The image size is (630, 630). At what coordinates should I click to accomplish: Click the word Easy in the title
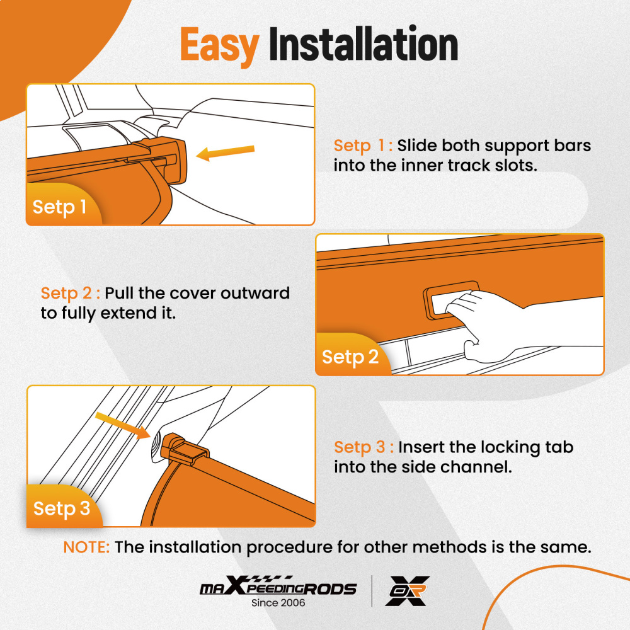(219, 45)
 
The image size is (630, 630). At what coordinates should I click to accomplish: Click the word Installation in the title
(363, 45)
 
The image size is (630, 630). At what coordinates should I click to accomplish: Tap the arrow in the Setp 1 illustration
(226, 153)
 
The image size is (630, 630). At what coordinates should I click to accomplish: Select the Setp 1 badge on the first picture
(59, 207)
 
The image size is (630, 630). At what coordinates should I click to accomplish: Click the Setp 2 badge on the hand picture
(350, 357)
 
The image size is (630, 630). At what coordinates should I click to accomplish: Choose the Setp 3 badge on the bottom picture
(61, 508)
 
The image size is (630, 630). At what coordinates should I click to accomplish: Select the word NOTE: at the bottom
(86, 547)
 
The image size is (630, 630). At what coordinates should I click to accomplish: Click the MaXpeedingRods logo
(278, 588)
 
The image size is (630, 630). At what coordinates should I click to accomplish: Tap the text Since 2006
(278, 603)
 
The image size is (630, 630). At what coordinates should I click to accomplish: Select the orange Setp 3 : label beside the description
(364, 447)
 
